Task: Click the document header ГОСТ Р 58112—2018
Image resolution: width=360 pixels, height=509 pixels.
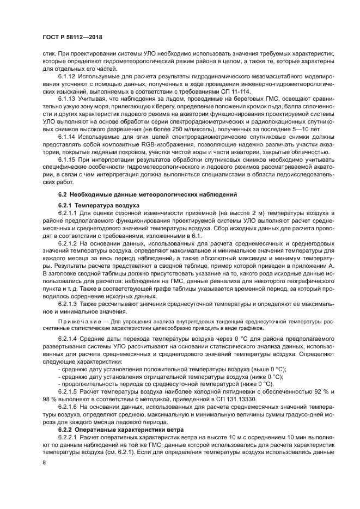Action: coord(72,36)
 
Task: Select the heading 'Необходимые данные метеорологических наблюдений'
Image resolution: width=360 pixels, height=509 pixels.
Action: coord(147,194)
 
